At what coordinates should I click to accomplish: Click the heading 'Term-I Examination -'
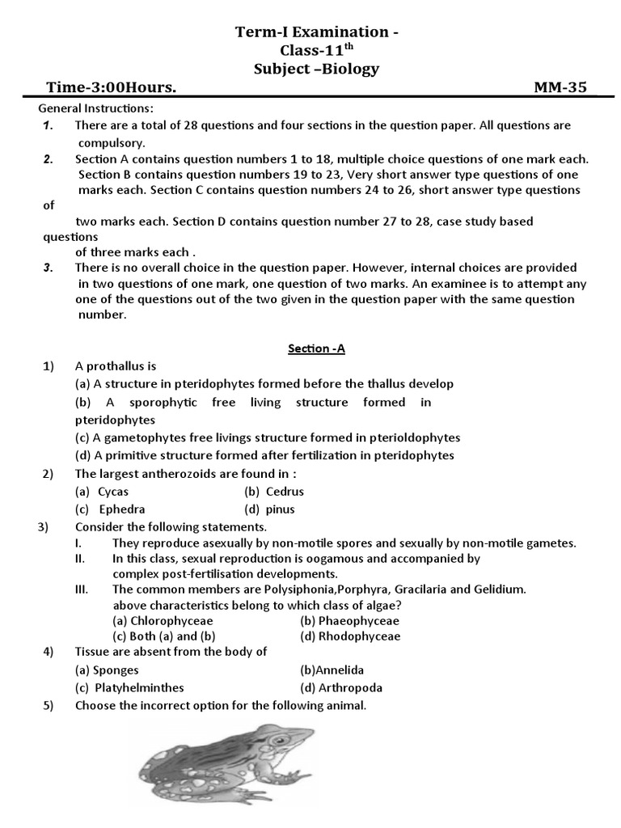click(316, 32)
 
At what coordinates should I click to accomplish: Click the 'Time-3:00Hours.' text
click(112, 88)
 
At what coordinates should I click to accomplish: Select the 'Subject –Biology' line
click(316, 70)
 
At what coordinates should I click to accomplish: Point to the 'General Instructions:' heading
click(97, 108)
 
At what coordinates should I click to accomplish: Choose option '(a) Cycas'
click(102, 492)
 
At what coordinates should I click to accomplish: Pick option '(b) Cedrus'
click(274, 492)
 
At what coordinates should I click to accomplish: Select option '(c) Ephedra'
click(111, 509)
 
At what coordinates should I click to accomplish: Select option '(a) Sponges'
click(107, 670)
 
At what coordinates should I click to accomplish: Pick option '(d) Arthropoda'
click(340, 688)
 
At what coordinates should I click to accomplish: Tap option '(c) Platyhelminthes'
click(129, 688)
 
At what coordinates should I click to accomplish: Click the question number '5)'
click(49, 706)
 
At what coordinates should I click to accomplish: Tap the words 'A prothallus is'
click(116, 366)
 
